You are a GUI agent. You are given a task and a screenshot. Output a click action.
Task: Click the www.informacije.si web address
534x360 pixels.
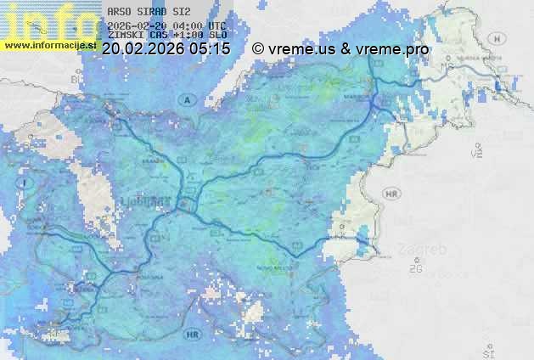[49, 45]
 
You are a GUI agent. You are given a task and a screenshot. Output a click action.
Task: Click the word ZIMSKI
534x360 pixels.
[125, 36]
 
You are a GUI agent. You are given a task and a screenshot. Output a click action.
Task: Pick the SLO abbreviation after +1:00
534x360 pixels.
[218, 36]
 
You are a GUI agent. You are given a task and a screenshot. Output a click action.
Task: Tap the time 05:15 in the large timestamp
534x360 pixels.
[209, 49]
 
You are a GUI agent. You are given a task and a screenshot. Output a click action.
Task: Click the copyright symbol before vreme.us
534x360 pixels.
[258, 49]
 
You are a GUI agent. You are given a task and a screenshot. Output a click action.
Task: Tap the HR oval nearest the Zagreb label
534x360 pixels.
[391, 194]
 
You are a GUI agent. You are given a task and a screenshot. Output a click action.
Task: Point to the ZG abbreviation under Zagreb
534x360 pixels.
[415, 269]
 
